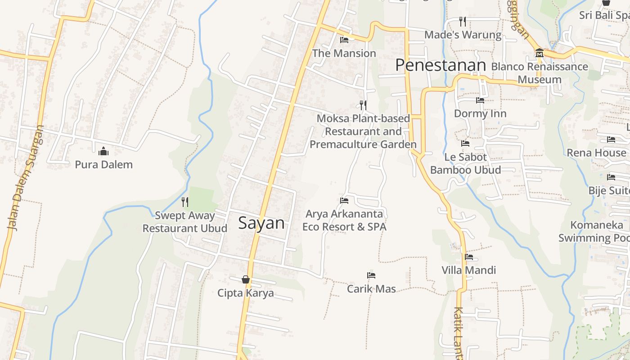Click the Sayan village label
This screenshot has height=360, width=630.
pos(261,223)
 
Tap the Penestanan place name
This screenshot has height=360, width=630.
pos(441,66)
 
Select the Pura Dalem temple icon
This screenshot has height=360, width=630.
pos(103,151)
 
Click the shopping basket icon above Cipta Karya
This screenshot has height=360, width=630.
pos(246,279)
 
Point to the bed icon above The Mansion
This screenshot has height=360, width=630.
pos(344,40)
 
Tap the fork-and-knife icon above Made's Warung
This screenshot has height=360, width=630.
pos(462,21)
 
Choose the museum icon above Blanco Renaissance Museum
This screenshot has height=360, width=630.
pos(539,53)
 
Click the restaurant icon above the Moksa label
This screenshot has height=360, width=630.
pos(363,105)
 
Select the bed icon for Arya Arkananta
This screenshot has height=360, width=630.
pos(344,200)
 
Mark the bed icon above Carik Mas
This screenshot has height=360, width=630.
pos(371,275)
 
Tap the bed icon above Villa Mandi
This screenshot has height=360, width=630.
pos(469,257)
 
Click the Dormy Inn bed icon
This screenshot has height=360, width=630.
pos(480,100)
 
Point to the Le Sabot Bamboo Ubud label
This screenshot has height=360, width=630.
pos(465,163)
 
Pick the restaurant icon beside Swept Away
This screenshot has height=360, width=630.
pos(184,202)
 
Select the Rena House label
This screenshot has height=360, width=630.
pos(596,153)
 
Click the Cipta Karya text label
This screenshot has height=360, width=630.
pos(245,293)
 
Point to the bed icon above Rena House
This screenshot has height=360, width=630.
pos(611,139)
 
